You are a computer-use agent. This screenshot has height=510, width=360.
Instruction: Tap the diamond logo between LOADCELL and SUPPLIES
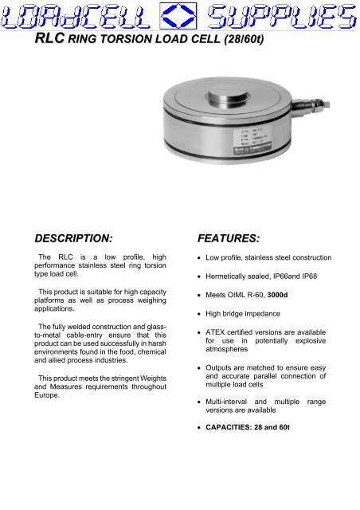coord(181,15)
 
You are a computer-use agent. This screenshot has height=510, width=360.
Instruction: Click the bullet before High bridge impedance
coord(198,314)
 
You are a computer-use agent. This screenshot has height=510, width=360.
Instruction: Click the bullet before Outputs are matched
coord(198,368)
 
